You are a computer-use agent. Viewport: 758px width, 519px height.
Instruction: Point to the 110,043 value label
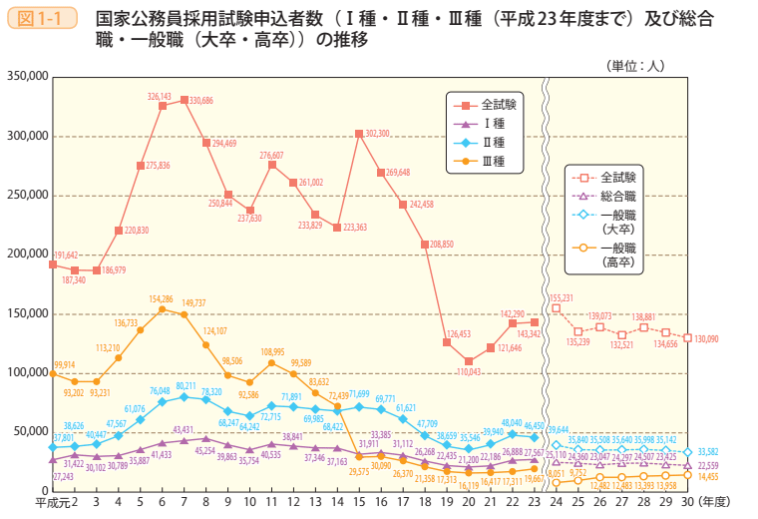pyautogui.click(x=471, y=371)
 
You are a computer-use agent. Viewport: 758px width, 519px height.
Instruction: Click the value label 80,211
pyautogui.click(x=187, y=386)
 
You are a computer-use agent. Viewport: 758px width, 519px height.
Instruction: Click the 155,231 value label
pyautogui.click(x=562, y=297)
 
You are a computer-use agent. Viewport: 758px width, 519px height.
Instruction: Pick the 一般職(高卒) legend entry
pyautogui.click(x=617, y=254)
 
